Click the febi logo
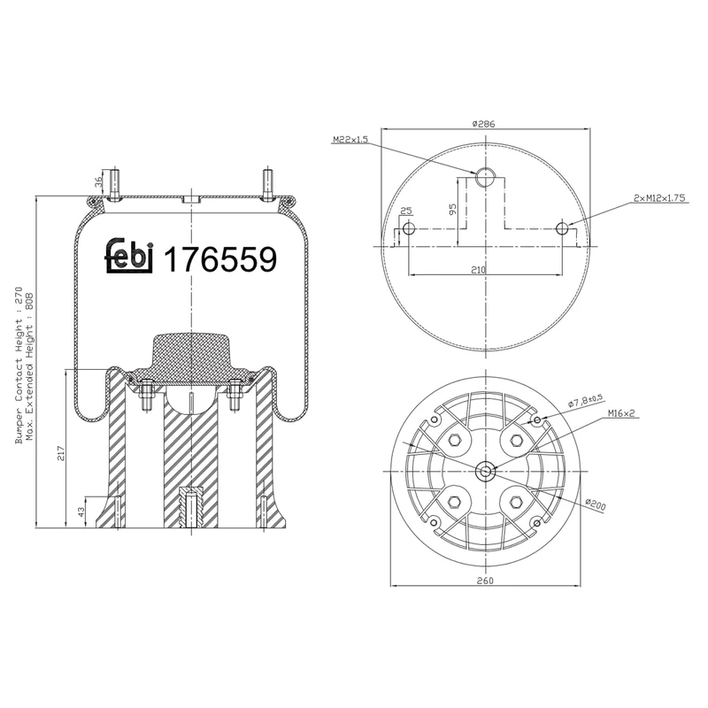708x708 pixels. point(130,256)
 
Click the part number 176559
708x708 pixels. point(222,258)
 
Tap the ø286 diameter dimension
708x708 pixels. point(483,124)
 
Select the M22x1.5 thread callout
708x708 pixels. point(350,140)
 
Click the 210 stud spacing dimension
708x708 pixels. point(479,270)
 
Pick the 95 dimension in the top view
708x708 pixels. point(451,210)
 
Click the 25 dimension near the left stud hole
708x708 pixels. point(406,211)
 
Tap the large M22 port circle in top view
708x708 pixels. point(484,178)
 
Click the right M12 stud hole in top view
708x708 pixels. point(562,229)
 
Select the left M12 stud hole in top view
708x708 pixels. point(407,230)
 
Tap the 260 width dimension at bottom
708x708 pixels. point(483,581)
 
